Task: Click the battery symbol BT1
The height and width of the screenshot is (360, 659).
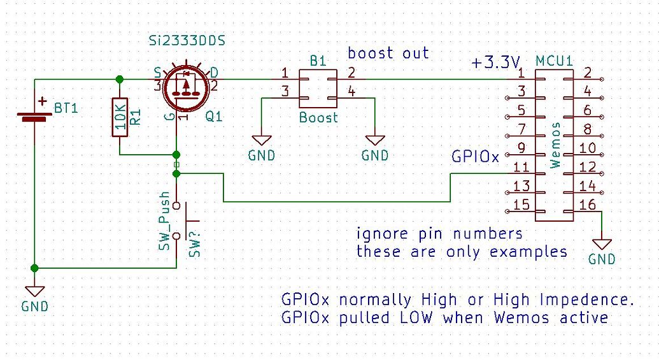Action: coord(34,115)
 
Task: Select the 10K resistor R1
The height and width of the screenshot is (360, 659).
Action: coord(119,117)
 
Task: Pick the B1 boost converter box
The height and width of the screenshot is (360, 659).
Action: coord(318,89)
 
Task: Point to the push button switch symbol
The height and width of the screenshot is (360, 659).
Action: coord(181,219)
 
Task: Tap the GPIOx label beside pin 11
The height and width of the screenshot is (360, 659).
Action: coord(475,156)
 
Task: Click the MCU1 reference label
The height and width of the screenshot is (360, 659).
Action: coord(554,61)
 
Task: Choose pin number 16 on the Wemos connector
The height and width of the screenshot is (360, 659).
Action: coord(588,204)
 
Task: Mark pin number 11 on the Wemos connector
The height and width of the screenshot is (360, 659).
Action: coord(521,168)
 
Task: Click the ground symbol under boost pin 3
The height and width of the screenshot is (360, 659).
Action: coord(261,140)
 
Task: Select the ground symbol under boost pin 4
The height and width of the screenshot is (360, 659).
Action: coord(375,140)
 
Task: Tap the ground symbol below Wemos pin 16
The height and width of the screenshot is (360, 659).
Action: coord(601,244)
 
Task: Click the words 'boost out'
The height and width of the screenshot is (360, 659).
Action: coord(388,54)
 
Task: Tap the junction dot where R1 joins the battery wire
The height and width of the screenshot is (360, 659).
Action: coord(119,80)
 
